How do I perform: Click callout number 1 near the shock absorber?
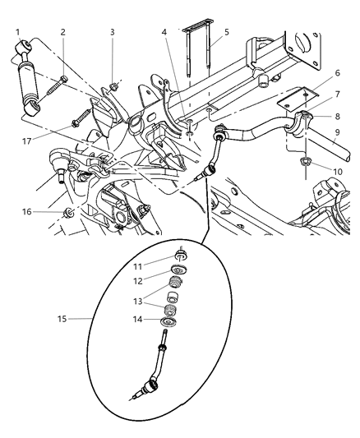pyautogui.click(x=16, y=33)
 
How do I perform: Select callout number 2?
pyautogui.click(x=62, y=33)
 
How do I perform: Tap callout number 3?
pyautogui.click(x=112, y=33)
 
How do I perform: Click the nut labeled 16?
pyautogui.click(x=69, y=214)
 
